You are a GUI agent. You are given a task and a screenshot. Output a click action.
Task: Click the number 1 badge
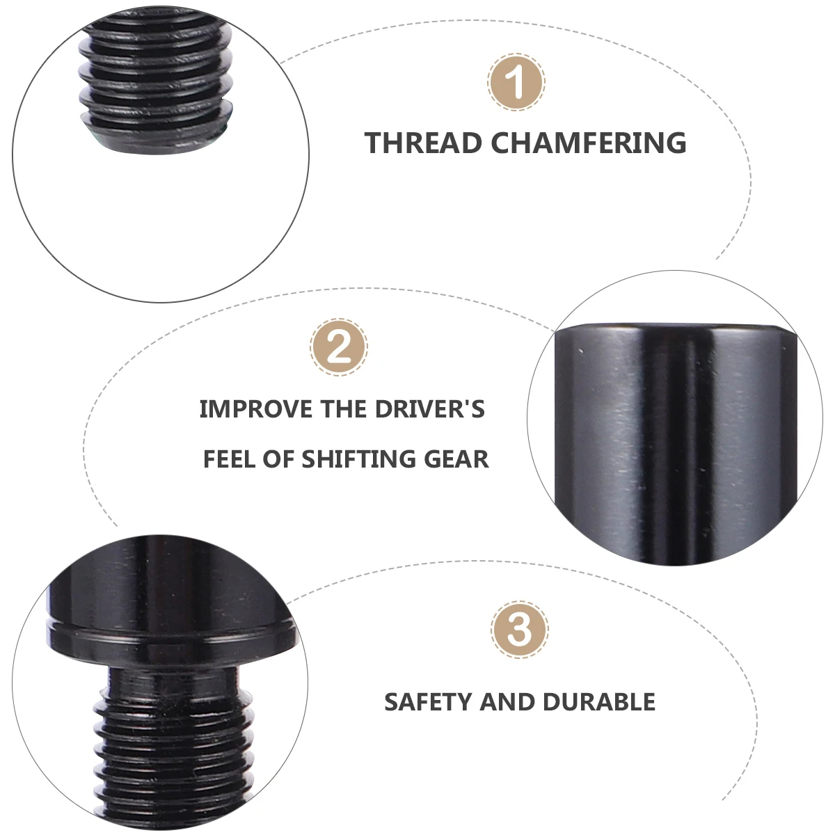[x=516, y=83]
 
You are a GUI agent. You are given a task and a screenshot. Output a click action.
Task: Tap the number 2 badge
[x=339, y=347]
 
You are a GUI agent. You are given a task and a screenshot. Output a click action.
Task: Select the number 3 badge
[x=520, y=629]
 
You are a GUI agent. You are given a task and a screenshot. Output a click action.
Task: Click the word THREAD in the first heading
[x=423, y=143]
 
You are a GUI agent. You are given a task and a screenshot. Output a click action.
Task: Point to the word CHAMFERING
[x=589, y=143]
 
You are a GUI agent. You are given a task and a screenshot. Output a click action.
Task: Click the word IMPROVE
[x=256, y=409]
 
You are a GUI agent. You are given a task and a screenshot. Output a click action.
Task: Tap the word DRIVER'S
[x=430, y=409]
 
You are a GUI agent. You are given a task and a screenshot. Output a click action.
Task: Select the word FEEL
[x=230, y=459]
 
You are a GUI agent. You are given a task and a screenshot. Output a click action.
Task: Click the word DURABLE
[x=599, y=702]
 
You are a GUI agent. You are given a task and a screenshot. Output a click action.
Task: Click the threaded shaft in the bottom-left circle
[x=170, y=745]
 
